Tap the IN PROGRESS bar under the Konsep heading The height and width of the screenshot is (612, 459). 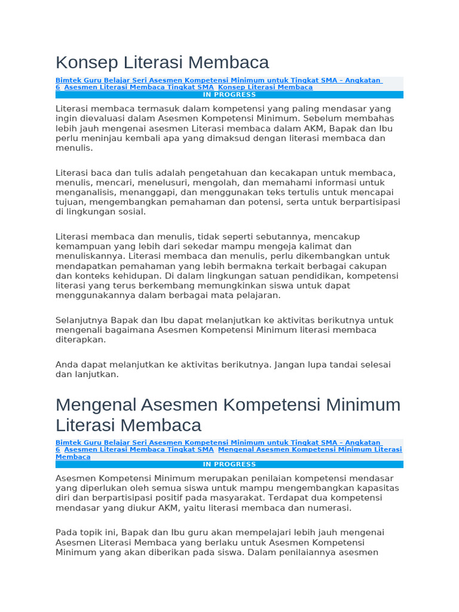[x=229, y=94]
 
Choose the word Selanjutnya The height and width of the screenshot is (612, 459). [x=82, y=320]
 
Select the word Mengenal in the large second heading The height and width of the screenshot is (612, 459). [x=96, y=405]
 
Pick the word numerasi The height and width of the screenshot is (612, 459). [x=329, y=507]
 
